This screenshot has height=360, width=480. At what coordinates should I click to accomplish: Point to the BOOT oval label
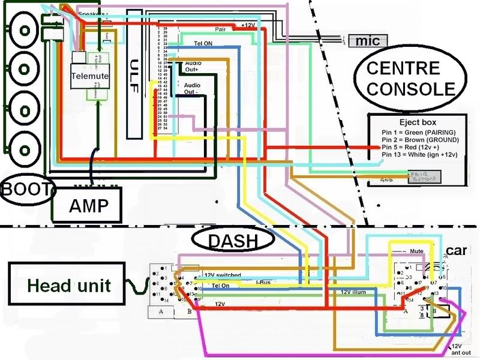pos(27,190)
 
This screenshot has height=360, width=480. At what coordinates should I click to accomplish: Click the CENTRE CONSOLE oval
pos(411,79)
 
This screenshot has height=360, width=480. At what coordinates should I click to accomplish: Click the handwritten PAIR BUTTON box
pos(423,176)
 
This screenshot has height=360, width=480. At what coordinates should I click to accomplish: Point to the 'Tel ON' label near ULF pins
pos(203,44)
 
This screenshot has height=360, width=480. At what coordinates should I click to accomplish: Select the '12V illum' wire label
pos(353,292)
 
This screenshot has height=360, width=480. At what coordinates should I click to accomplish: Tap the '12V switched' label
pos(223,275)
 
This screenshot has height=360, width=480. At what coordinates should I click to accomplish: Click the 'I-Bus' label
pos(264,281)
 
